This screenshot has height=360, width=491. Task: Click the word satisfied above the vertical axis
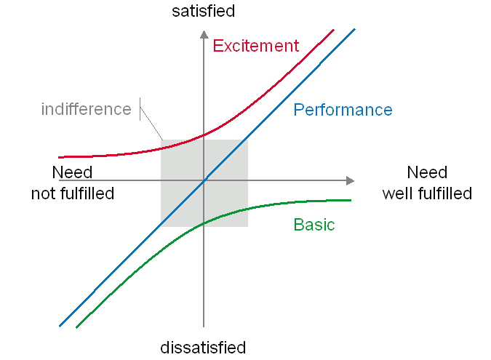(204, 11)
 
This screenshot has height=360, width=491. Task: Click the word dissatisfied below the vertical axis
(204, 348)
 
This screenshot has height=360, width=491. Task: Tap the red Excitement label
(256, 46)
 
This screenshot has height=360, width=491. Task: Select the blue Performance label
(343, 111)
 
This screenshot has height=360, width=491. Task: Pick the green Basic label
(314, 225)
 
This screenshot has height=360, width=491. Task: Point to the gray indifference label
(86, 110)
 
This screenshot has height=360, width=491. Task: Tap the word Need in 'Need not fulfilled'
(73, 173)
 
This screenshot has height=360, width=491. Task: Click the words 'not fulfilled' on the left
(73, 193)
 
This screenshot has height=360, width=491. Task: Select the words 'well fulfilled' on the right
(427, 193)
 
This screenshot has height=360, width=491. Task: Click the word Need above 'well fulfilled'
(427, 173)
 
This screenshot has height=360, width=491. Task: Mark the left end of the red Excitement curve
(60, 157)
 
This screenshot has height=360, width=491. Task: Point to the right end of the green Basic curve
(351, 200)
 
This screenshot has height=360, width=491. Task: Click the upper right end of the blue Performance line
(354, 30)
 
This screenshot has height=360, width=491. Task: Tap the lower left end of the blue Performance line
(60, 325)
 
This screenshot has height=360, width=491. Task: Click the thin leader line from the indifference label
(151, 124)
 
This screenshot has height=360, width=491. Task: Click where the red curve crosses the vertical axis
(204, 135)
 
